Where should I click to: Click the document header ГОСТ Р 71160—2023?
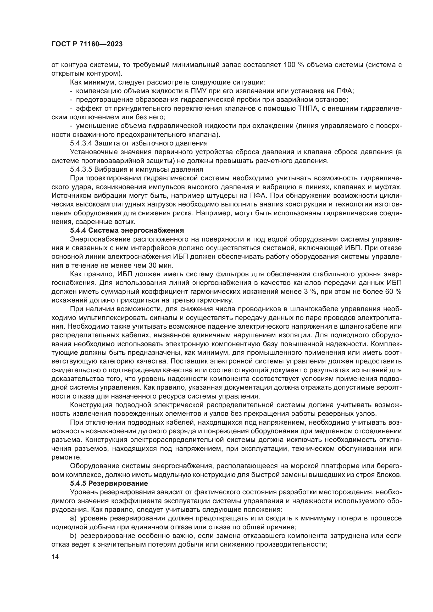point(87,44)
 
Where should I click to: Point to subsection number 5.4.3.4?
point(81,143)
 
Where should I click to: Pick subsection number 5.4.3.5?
point(81,170)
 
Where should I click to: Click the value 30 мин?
point(160,265)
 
